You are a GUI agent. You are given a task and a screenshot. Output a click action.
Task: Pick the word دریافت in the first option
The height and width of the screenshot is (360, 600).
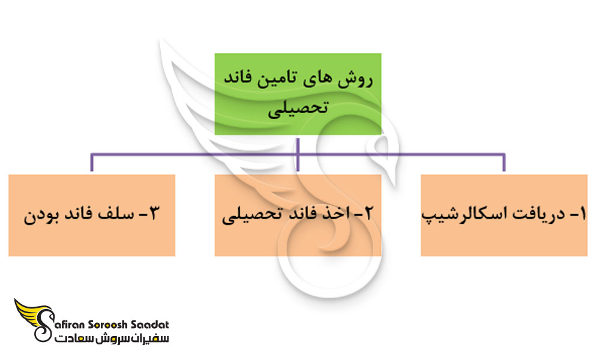[534, 215]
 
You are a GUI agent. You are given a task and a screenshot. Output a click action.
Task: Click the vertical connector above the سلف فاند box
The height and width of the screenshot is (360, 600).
[91, 164]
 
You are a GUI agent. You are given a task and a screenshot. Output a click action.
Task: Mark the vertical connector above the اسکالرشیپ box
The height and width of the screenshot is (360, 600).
[504, 164]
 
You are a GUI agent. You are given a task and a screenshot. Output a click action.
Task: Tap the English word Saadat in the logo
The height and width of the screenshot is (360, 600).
[151, 325]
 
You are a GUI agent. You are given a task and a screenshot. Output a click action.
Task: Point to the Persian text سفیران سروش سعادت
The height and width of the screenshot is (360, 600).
[111, 339]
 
